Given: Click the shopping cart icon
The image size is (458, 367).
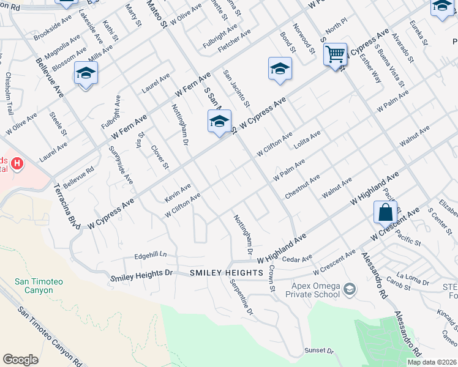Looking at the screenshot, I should pos(335,54).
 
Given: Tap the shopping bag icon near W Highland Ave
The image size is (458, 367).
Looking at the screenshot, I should pos(385,213).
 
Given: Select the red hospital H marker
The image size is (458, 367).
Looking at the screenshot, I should pos(17,164).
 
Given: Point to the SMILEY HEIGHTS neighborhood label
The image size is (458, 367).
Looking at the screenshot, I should pos(226,272).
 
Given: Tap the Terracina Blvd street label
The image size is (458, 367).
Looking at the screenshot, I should pos(67,207).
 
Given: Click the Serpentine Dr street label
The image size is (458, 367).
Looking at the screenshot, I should pos(241,297).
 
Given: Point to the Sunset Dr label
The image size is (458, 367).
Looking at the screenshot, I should pos(318,351).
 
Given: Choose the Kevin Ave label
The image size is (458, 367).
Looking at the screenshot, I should pos(178,193).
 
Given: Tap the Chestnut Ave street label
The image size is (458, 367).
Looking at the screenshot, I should pos(302,187).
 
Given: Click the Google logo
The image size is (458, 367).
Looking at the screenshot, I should pos(21,360).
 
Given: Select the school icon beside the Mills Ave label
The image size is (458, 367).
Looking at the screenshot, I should pos(86,73).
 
